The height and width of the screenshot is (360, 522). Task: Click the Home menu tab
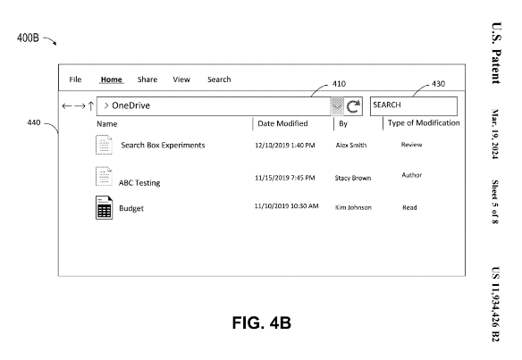tap(112, 80)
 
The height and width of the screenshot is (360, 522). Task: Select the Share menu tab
tap(147, 80)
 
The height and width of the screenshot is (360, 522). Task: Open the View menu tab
tap(181, 80)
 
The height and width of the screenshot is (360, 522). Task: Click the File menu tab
tap(75, 80)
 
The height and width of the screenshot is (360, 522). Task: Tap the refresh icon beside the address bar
tap(353, 106)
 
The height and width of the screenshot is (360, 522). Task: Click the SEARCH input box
tap(414, 106)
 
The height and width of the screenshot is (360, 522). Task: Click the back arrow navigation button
tap(66, 106)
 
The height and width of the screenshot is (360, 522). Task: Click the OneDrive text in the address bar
tap(130, 105)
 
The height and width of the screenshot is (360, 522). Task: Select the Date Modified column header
tap(282, 123)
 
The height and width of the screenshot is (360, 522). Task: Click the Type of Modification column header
tap(424, 123)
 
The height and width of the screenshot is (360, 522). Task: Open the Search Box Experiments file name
tap(163, 145)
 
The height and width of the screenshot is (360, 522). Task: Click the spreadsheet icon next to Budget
tap(104, 207)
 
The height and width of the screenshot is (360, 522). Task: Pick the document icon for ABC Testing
tap(104, 176)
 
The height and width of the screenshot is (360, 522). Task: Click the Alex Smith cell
tap(351, 145)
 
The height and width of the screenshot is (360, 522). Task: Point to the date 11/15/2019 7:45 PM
tap(284, 178)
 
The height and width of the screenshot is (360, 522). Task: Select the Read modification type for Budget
tap(409, 207)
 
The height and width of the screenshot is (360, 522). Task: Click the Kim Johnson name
tap(353, 207)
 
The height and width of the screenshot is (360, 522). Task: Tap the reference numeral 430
tap(438, 83)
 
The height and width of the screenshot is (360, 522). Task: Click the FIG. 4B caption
tap(262, 322)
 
